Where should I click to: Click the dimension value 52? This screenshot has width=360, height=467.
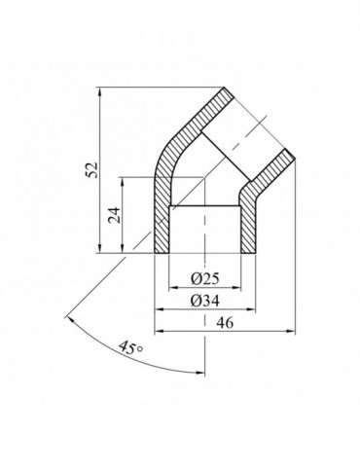click(x=91, y=168)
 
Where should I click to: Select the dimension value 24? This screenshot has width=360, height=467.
click(x=114, y=216)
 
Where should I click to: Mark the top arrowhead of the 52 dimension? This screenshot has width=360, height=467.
click(x=101, y=90)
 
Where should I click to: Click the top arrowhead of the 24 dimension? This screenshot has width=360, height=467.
click(x=123, y=181)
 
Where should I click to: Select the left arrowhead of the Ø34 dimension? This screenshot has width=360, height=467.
click(x=161, y=309)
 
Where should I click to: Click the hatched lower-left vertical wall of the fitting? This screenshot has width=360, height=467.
click(x=162, y=219)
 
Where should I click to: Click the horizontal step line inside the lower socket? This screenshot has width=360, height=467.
click(x=204, y=206)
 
